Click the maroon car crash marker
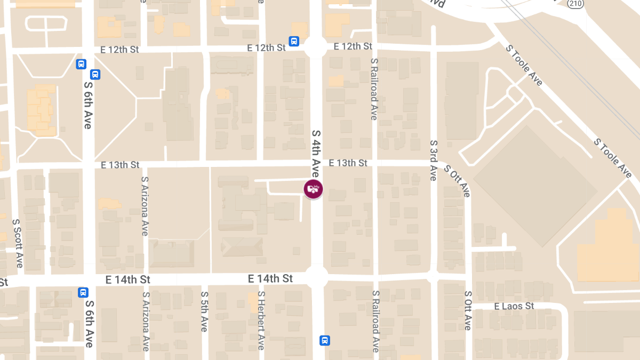[x=314, y=189]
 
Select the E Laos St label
[x=514, y=306]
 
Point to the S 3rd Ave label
[x=434, y=160]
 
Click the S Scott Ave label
[x=18, y=244]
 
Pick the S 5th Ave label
[x=204, y=311]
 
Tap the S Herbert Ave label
[x=261, y=320]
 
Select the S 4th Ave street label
[x=316, y=154]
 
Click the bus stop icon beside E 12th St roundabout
[x=294, y=41]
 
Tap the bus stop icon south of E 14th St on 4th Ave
[x=324, y=340]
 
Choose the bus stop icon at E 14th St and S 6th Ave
[x=83, y=292]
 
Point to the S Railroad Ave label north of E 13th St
[x=374, y=89]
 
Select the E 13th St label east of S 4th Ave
[x=348, y=163]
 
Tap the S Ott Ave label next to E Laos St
[x=468, y=310]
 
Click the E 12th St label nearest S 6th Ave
[x=119, y=50]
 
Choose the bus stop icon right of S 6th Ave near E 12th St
[x=95, y=75]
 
